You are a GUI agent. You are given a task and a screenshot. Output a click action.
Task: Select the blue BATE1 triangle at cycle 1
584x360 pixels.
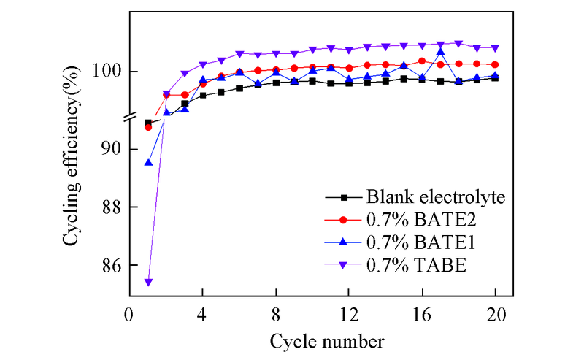click(x=148, y=162)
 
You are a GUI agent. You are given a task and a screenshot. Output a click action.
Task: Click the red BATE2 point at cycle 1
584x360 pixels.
click(x=148, y=127)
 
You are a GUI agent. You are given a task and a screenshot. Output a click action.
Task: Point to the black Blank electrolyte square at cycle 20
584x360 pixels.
click(x=496, y=77)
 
